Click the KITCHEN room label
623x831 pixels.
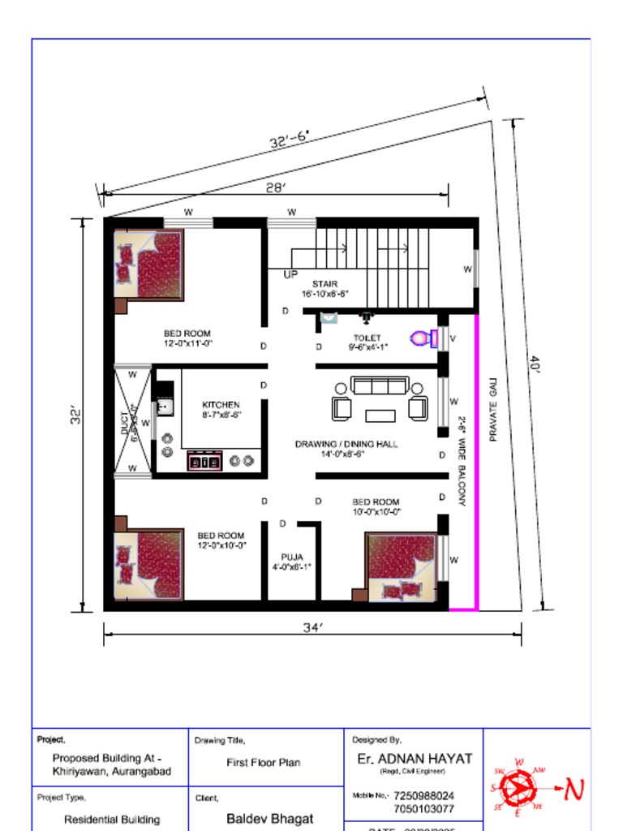pyautogui.click(x=221, y=405)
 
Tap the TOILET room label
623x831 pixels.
pyautogui.click(x=367, y=338)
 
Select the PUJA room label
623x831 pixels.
pyautogui.click(x=292, y=558)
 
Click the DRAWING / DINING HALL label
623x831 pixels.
pyautogui.click(x=346, y=445)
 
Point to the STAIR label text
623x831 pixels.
pyautogui.click(x=324, y=284)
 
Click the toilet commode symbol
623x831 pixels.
pyautogui.click(x=423, y=338)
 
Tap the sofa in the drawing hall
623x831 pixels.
pyautogui.click(x=380, y=385)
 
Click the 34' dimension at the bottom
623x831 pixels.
pyautogui.click(x=313, y=626)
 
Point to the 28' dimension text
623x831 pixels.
pyautogui.click(x=276, y=188)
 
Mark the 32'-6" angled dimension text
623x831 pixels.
pyautogui.click(x=289, y=140)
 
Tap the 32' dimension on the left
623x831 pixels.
pyautogui.click(x=76, y=415)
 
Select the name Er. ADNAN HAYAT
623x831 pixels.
pyautogui.click(x=415, y=759)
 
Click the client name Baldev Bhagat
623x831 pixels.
pyautogui.click(x=269, y=819)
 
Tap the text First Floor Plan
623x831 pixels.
pyautogui.click(x=263, y=763)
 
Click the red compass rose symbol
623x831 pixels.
pyautogui.click(x=517, y=787)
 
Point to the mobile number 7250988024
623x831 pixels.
pyautogui.click(x=423, y=796)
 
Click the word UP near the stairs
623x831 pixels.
pyautogui.click(x=290, y=274)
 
